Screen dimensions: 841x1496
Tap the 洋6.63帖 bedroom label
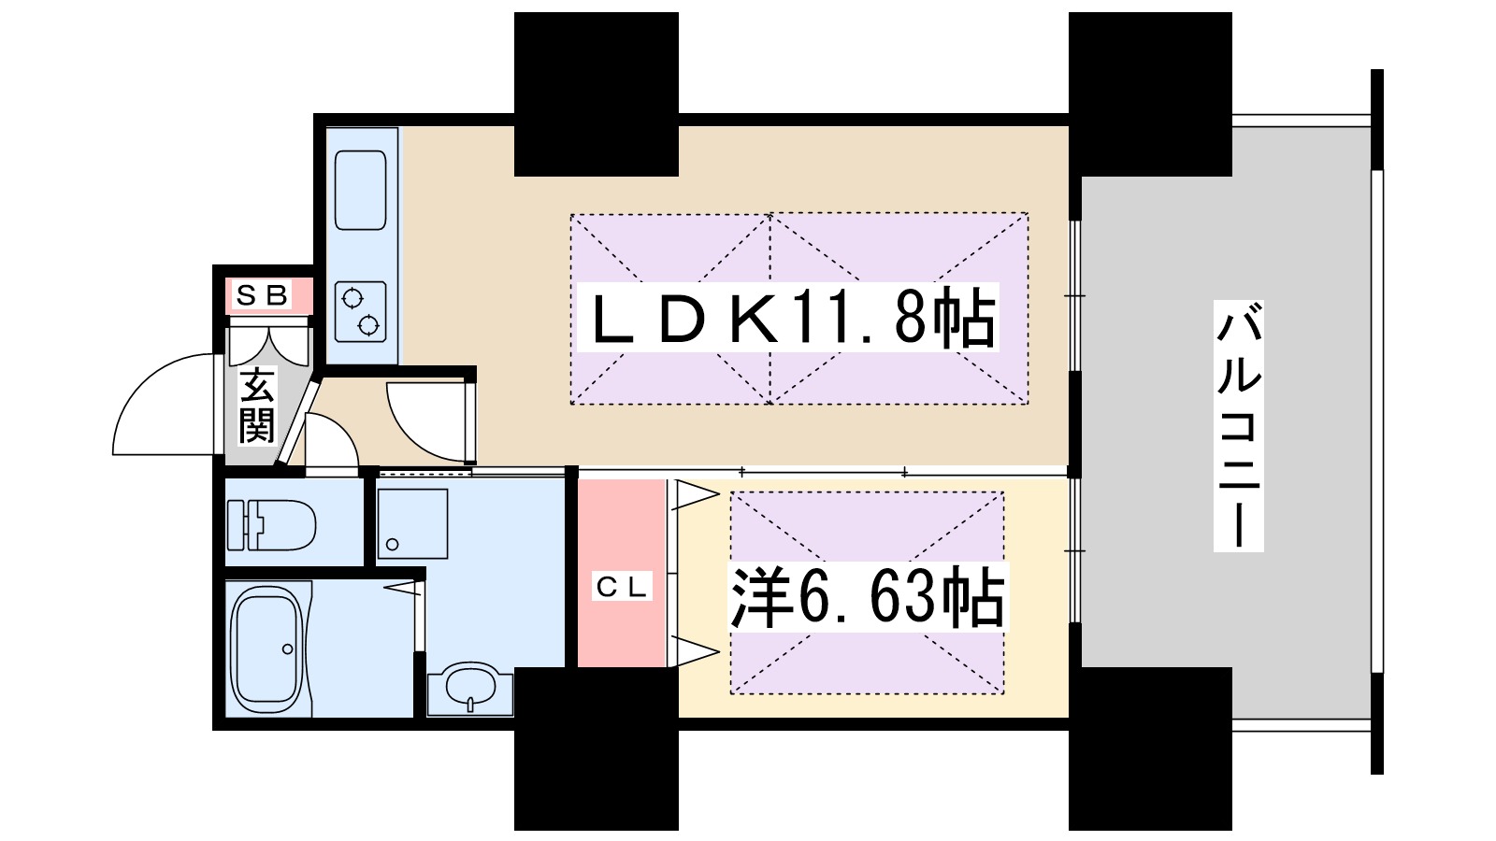click(x=868, y=596)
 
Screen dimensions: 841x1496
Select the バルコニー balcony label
click(x=1239, y=425)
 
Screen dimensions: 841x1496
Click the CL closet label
click(x=623, y=587)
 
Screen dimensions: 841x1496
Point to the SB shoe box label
click(x=261, y=296)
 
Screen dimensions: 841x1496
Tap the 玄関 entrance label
click(x=256, y=406)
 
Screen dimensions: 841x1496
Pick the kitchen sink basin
click(x=361, y=190)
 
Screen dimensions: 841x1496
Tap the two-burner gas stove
click(x=361, y=311)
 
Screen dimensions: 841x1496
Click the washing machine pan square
click(x=412, y=523)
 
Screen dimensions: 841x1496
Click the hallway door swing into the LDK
click(x=426, y=420)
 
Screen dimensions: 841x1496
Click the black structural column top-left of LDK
click(x=597, y=93)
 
